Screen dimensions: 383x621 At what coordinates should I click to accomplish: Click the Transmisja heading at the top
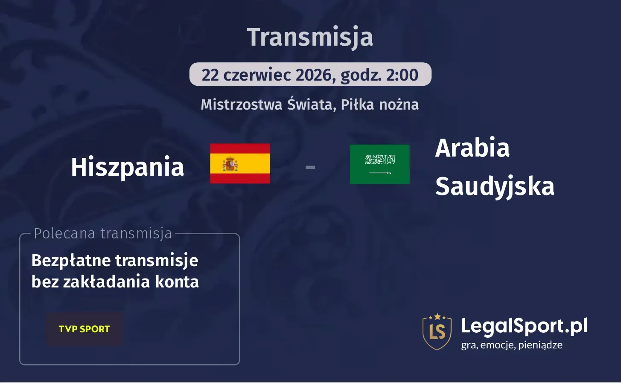coord(310,38)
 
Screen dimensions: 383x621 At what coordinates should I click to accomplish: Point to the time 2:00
coord(402,75)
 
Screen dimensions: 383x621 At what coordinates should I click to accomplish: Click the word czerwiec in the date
coord(257,75)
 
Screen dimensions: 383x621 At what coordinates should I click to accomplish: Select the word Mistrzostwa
coord(241,104)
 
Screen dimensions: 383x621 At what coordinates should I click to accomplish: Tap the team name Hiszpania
coord(127,167)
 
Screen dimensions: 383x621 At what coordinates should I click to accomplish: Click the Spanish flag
coord(240,163)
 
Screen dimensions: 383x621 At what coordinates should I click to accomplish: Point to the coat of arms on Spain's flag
coord(230,164)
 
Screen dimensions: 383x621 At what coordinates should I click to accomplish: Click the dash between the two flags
coord(310,167)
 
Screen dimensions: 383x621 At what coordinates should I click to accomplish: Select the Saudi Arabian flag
coord(379,164)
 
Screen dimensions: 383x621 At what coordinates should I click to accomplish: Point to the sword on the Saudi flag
coord(379,173)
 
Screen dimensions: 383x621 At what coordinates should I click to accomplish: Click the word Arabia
coord(472,148)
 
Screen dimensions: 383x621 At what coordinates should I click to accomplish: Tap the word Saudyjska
coord(494,186)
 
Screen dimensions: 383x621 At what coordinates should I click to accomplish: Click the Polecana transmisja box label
coord(102,234)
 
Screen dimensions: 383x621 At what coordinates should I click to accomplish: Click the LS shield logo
coord(437,331)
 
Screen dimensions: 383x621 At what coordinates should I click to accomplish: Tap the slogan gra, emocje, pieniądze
coord(511,345)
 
